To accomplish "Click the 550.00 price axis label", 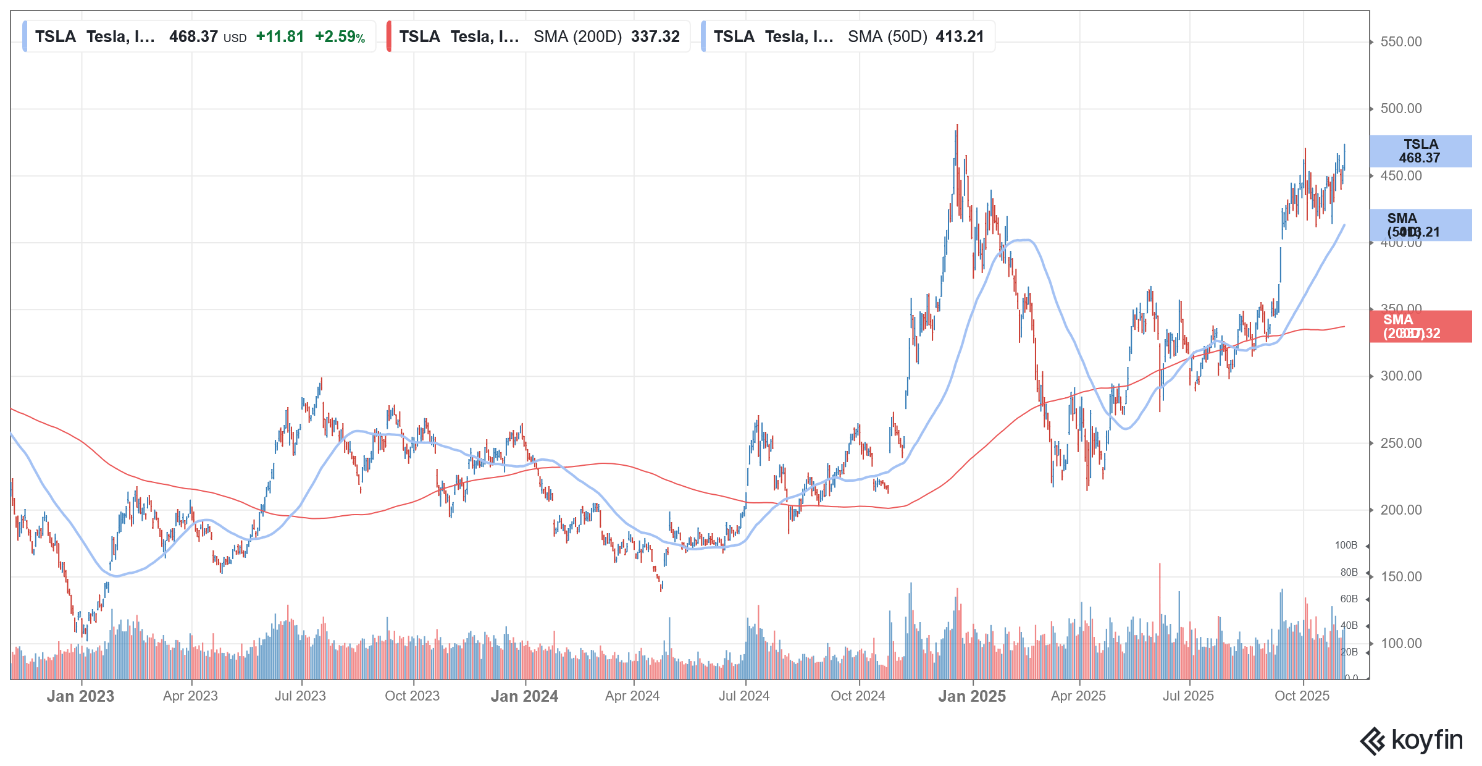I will click(1400, 42).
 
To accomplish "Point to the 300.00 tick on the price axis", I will click(1400, 376).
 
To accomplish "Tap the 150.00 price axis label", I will click(1400, 577).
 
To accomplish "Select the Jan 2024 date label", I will click(524, 696).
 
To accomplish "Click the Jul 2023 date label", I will click(300, 696).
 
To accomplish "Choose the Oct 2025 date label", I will click(1302, 696).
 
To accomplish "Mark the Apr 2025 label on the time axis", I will click(1078, 696).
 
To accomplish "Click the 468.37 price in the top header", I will click(193, 37).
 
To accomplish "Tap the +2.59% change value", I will click(340, 37).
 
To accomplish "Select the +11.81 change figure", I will click(280, 37).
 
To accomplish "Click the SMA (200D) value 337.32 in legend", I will click(655, 37).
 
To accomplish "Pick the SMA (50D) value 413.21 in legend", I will click(960, 37).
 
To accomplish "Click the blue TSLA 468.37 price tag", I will click(1420, 151).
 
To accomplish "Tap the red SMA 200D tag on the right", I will click(1420, 327).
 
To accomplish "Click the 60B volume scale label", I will click(1349, 599).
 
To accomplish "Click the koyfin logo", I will click(1412, 741).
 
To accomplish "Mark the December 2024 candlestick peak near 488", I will click(957, 126).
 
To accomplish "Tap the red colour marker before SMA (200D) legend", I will click(389, 36).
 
